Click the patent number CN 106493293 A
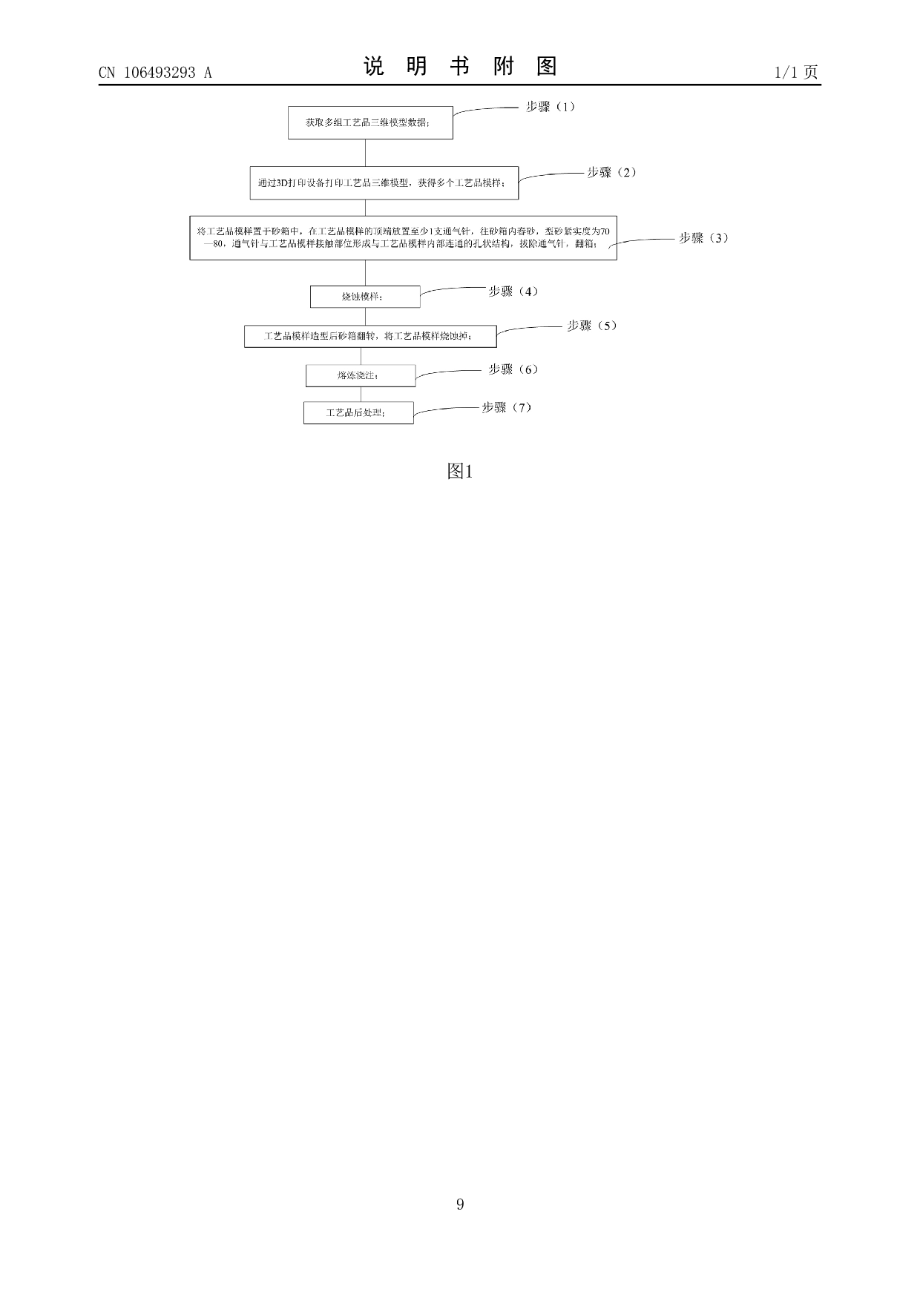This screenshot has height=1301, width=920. click(155, 72)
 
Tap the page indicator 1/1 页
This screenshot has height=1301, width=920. click(796, 72)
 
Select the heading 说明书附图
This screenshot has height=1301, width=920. click(460, 67)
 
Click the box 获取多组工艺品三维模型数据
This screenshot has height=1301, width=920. click(370, 122)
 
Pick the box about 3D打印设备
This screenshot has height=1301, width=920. click(384, 182)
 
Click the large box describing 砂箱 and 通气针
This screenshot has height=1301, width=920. click(403, 237)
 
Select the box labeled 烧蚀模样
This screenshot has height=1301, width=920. click(365, 297)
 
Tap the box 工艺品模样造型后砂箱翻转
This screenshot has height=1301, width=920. click(370, 336)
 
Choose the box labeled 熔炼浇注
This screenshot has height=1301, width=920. click(361, 375)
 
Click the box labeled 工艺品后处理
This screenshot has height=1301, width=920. click(358, 412)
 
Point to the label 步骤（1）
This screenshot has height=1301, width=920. click(551, 107)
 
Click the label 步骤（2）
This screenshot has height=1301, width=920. click(611, 173)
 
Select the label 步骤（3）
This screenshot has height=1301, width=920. click(703, 238)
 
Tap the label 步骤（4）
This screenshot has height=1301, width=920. click(513, 292)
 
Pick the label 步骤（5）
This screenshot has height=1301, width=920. click(591, 326)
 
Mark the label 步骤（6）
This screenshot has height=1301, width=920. click(513, 369)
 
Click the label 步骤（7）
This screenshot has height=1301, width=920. click(507, 407)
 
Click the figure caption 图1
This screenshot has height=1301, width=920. click(459, 471)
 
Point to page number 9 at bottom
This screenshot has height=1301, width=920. click(460, 1204)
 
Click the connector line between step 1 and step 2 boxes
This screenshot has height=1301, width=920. click(365, 153)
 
